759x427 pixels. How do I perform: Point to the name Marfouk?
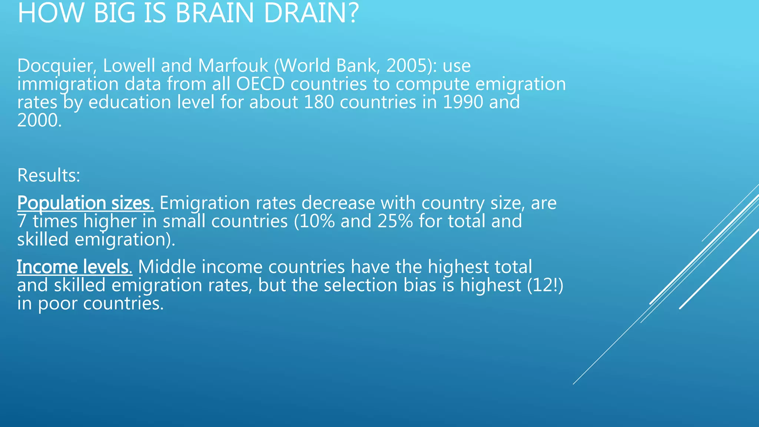coord(233,66)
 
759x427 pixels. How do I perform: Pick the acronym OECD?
coord(260,84)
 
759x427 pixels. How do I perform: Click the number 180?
coord(318,102)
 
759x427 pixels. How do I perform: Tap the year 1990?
coord(463,102)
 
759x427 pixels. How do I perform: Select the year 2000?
coord(37,120)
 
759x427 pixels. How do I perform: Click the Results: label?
coord(49,175)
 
